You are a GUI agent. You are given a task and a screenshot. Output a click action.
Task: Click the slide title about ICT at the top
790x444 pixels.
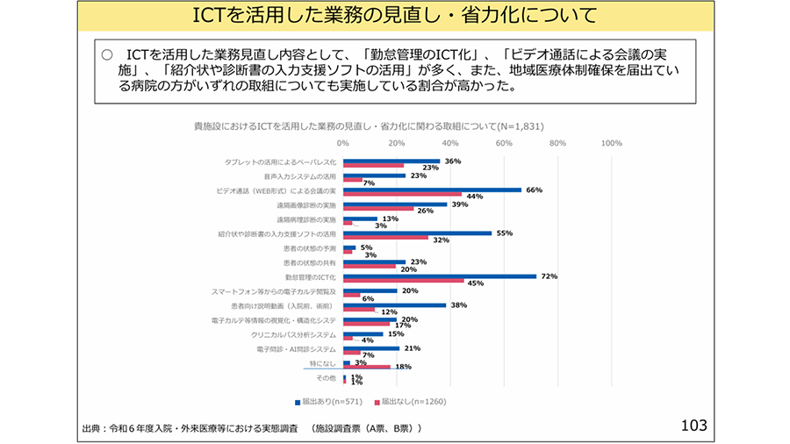click(395, 16)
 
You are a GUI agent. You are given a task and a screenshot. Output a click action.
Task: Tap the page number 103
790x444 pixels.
click(693, 426)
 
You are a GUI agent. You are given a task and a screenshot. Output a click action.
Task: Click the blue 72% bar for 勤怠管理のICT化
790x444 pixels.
click(439, 276)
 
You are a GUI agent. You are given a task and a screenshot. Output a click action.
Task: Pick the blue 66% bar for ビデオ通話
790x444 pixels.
click(432, 190)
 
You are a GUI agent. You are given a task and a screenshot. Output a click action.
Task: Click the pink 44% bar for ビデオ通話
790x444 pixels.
click(402, 196)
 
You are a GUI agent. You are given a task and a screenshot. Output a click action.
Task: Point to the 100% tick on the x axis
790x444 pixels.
click(611, 142)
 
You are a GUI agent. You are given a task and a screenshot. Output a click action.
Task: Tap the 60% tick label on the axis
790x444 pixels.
click(504, 142)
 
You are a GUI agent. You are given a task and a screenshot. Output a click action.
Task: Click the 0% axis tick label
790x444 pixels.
click(343, 142)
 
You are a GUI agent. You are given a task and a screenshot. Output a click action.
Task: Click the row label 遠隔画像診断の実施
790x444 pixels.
click(306, 204)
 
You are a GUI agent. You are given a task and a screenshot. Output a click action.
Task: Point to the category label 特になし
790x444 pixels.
click(322, 363)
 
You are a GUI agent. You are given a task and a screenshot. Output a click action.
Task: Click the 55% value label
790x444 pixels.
click(504, 233)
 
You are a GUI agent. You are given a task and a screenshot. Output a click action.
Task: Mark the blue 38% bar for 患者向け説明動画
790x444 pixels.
click(394, 305)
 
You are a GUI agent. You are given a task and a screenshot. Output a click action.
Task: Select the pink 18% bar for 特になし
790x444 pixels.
click(367, 368)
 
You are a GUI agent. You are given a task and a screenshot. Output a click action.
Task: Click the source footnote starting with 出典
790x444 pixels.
click(251, 428)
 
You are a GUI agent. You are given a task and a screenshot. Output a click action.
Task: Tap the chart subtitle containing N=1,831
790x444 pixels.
click(369, 125)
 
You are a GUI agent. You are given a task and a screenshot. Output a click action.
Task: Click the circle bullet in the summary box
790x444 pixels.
click(106, 54)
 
